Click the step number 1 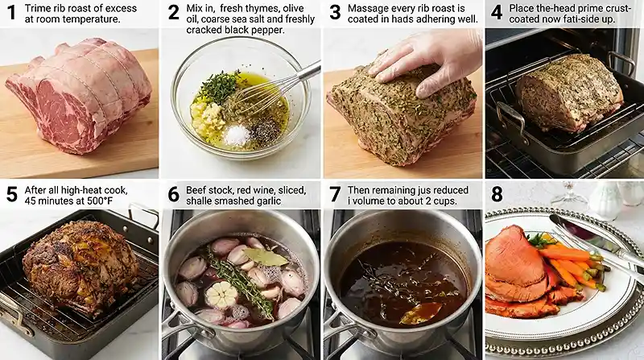[10, 13]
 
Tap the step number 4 [497, 13]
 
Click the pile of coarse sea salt [237, 134]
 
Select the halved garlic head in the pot [222, 295]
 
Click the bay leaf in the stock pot [266, 257]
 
